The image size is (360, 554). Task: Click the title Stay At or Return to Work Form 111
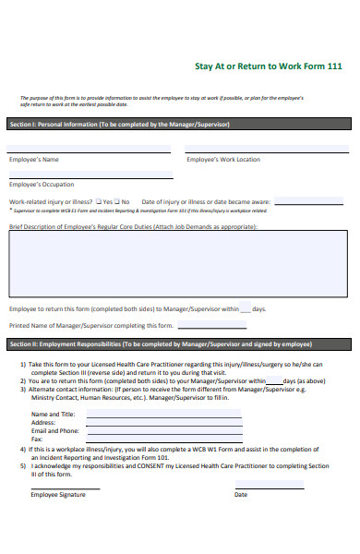click(x=269, y=66)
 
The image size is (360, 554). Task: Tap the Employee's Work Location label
click(x=223, y=160)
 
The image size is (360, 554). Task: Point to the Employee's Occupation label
click(x=42, y=185)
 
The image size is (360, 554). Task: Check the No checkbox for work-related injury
click(x=117, y=201)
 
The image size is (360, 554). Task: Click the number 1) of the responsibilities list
click(x=23, y=365)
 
